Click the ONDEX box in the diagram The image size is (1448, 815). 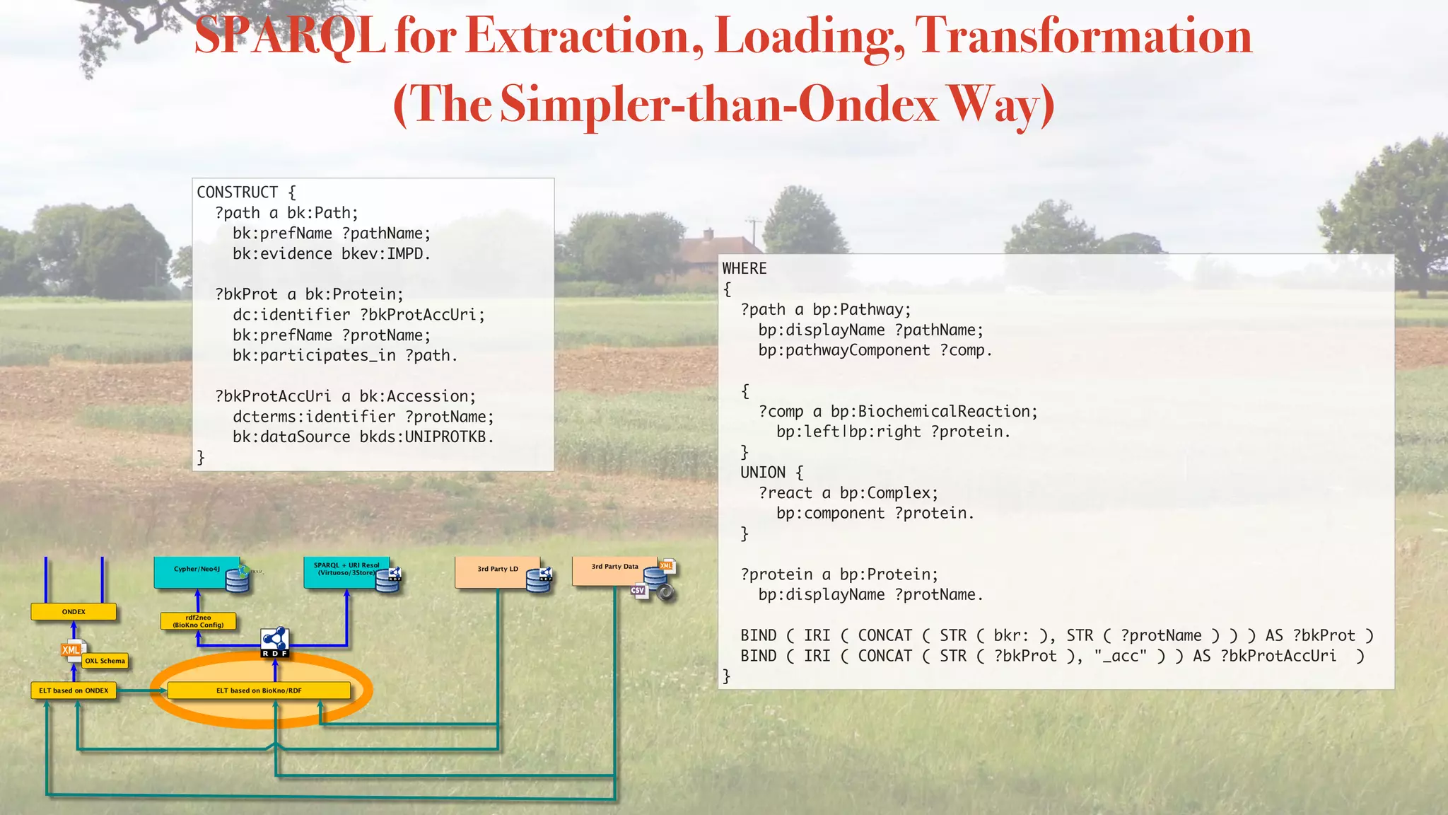[74, 612]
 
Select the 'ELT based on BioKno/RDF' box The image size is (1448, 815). [259, 690]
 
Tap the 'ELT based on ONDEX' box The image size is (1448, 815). [74, 690]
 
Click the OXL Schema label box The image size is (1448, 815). [105, 661]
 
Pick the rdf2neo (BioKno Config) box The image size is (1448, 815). [198, 621]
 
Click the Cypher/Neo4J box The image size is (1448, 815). [196, 570]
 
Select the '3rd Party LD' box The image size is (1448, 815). [496, 570]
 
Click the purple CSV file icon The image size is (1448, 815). [638, 590]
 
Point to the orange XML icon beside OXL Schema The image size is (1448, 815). [71, 650]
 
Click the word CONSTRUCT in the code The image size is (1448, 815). [238, 192]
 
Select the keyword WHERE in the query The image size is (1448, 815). [745, 269]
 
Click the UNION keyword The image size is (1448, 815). [763, 473]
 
